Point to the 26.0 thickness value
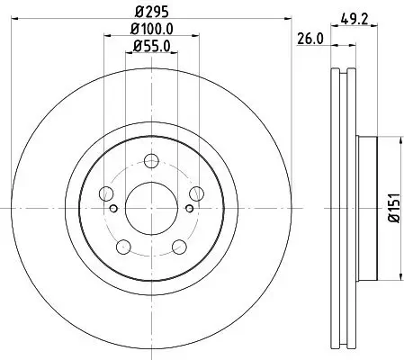click(x=310, y=38)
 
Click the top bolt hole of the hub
click(x=151, y=163)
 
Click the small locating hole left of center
click(x=113, y=209)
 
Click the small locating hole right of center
click(x=189, y=209)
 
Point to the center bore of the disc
click(x=151, y=208)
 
